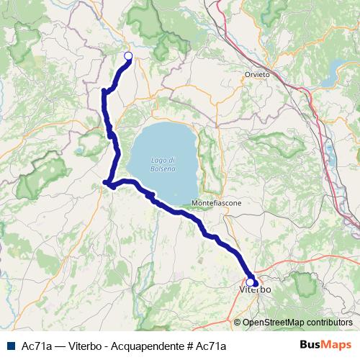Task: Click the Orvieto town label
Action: point(257,74)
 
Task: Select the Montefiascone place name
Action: point(217,204)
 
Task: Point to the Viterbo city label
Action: point(254,289)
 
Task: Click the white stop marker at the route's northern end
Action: point(128,56)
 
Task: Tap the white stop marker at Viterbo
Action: point(251,282)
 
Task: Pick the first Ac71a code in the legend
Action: point(35,346)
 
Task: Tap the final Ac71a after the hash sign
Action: point(210,346)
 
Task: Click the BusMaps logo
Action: point(326,345)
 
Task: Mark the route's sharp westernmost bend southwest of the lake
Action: point(106,183)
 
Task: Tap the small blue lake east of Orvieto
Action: point(336,69)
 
